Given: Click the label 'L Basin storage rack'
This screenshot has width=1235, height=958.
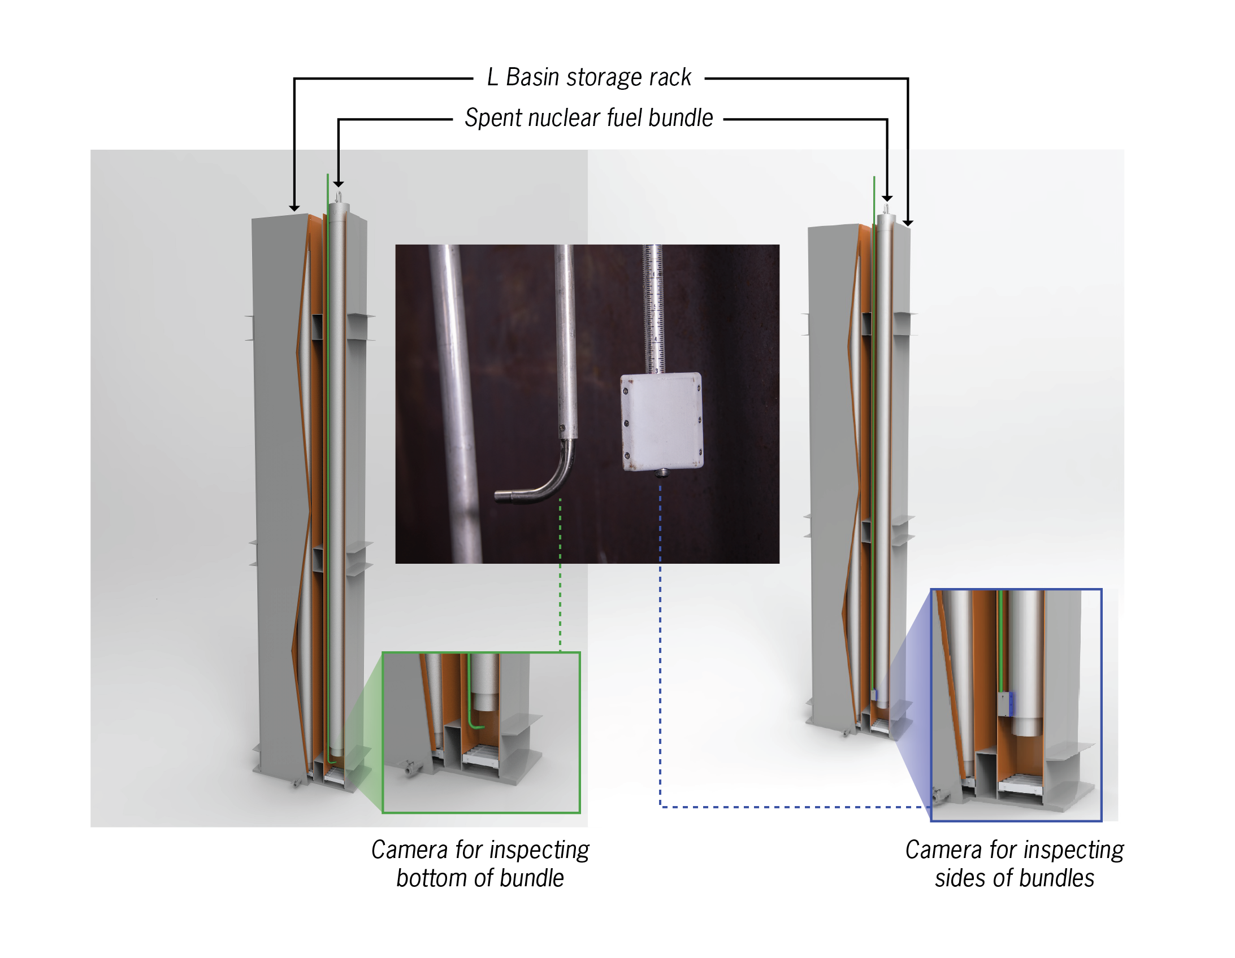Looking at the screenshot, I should pyautogui.click(x=588, y=77).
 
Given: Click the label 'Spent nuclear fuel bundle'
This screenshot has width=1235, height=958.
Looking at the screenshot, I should pyautogui.click(x=588, y=118).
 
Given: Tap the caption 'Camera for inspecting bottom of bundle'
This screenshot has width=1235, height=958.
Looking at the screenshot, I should pyautogui.click(x=480, y=863).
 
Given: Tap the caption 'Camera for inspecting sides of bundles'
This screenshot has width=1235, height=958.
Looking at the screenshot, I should pyautogui.click(x=1014, y=863).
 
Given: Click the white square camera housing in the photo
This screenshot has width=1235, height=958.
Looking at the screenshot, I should pyautogui.click(x=661, y=421).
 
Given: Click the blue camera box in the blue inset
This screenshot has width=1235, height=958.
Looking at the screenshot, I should pyautogui.click(x=1006, y=704).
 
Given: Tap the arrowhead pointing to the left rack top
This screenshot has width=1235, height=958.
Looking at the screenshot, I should pyautogui.click(x=294, y=208).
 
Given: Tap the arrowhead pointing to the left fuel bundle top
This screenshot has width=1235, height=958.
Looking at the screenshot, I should pyautogui.click(x=338, y=184).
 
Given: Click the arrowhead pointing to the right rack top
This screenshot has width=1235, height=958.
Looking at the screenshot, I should pyautogui.click(x=908, y=223).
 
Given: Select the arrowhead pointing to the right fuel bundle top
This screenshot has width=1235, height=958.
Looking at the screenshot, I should pyautogui.click(x=887, y=198).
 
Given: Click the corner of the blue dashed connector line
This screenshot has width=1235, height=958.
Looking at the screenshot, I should pyautogui.click(x=661, y=807).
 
